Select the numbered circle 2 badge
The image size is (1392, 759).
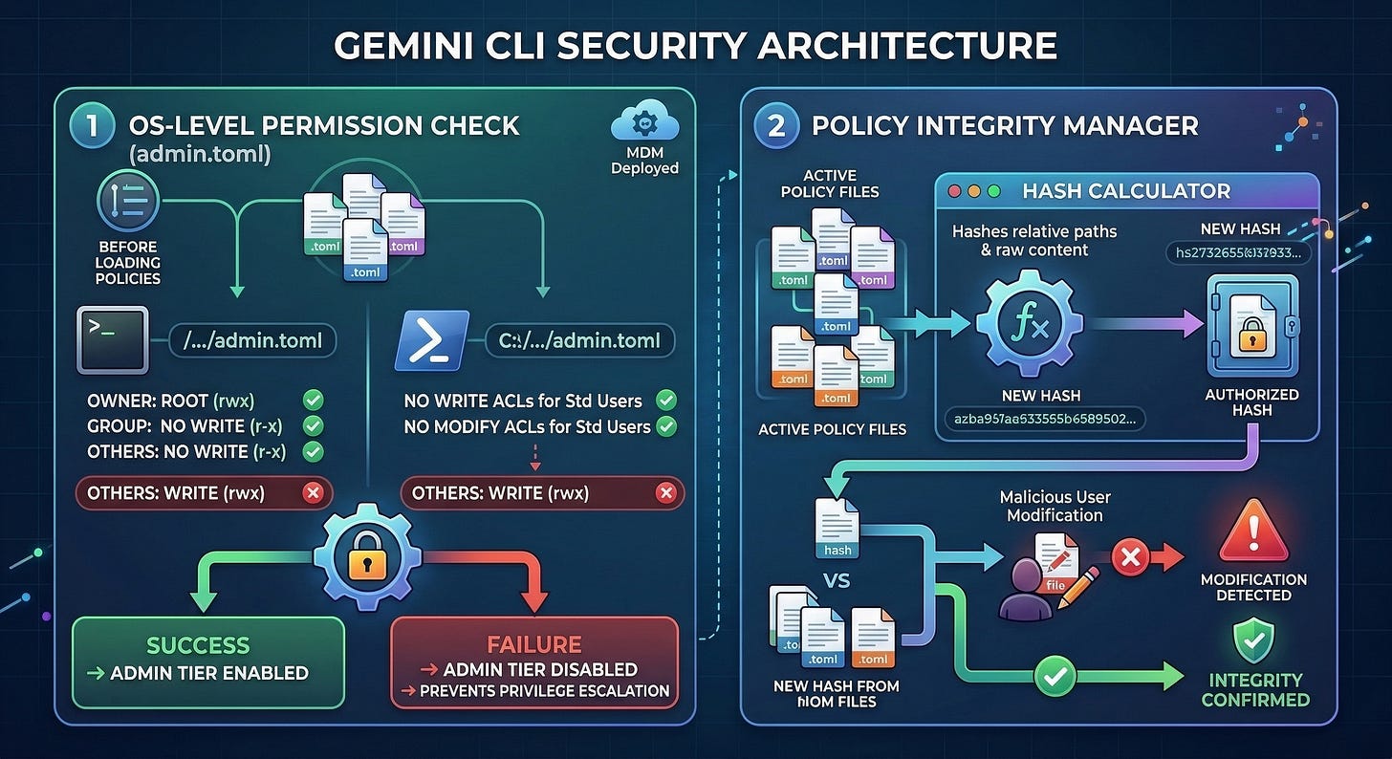coord(775,126)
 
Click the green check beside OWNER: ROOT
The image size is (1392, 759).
coord(313,401)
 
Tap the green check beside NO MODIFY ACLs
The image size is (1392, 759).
coord(666,426)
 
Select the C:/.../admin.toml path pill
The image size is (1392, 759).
coord(578,341)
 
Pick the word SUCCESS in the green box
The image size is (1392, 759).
coord(198,645)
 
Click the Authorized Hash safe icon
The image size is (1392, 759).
coord(1251,327)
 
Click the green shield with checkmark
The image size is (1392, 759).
coord(1252,640)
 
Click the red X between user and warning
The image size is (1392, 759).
coord(1130,559)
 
